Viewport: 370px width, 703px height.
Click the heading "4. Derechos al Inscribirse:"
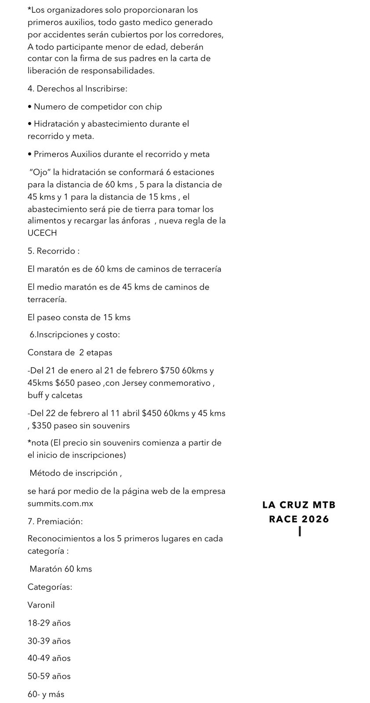pyautogui.click(x=77, y=89)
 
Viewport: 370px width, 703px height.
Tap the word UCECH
pyautogui.click(x=42, y=233)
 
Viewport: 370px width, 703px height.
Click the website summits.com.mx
pyautogui.click(x=60, y=503)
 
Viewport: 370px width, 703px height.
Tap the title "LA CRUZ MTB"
pyautogui.click(x=299, y=505)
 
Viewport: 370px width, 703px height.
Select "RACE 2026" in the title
pyautogui.click(x=299, y=519)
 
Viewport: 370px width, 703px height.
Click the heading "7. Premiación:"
pyautogui.click(x=55, y=522)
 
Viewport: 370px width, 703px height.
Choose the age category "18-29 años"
pyautogui.click(x=49, y=623)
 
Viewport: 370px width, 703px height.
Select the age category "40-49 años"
pyautogui.click(x=49, y=658)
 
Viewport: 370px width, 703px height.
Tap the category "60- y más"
pyautogui.click(x=46, y=694)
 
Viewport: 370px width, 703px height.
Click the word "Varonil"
pyautogui.click(x=41, y=605)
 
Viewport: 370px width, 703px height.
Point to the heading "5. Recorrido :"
pyautogui.click(x=54, y=251)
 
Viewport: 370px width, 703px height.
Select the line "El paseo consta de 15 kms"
pyautogui.click(x=79, y=317)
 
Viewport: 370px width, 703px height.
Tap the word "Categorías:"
pyautogui.click(x=50, y=587)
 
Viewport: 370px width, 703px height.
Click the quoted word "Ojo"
pyautogui.click(x=40, y=172)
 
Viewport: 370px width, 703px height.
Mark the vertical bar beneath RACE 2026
pyautogui.click(x=299, y=531)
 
